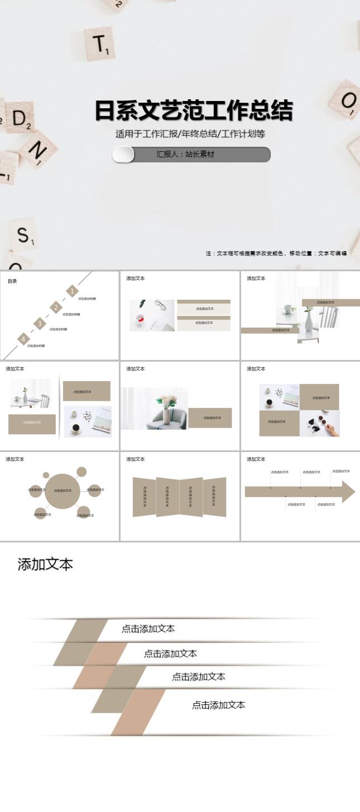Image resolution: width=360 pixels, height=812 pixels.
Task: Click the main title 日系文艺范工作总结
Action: click(x=193, y=111)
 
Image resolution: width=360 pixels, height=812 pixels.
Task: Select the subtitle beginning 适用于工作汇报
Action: click(x=190, y=134)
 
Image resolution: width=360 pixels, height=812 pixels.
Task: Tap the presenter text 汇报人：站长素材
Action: click(x=185, y=155)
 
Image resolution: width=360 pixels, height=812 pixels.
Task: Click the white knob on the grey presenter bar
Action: click(x=123, y=155)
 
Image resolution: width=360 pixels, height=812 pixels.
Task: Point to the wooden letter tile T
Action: click(x=100, y=44)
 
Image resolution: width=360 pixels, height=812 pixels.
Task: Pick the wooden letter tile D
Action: click(x=20, y=118)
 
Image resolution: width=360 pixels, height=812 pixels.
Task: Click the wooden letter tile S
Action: click(x=23, y=235)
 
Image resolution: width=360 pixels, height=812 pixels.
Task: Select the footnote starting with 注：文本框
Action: click(x=276, y=253)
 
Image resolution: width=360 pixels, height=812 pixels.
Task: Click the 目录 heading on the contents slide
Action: click(x=12, y=281)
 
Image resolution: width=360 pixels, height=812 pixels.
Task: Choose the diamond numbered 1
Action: click(x=72, y=291)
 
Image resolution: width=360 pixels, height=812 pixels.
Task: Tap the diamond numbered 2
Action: click(x=55, y=307)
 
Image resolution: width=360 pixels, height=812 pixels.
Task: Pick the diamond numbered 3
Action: click(x=39, y=323)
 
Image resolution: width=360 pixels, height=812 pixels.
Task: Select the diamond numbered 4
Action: click(x=23, y=339)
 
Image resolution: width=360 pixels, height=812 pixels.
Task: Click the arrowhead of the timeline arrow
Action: click(x=348, y=492)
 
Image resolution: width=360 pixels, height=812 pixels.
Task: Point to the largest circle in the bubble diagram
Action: click(x=62, y=491)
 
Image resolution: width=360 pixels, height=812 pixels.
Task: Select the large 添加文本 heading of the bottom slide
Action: click(x=45, y=564)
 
